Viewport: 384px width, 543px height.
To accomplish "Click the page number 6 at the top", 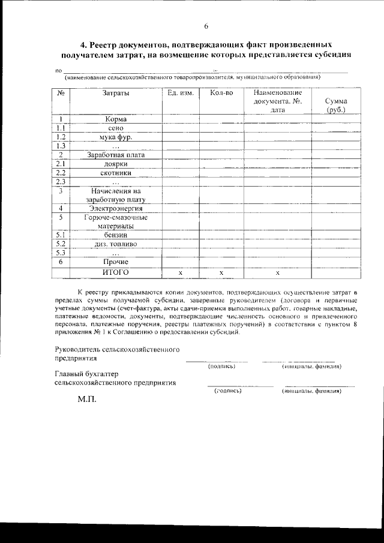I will (206, 26).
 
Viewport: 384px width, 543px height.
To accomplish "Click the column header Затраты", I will (115, 93).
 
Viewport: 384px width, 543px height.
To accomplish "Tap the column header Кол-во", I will (221, 93).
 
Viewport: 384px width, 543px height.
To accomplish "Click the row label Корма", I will (115, 119).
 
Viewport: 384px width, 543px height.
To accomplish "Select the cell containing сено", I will (115, 128).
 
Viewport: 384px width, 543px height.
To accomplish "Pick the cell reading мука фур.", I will (115, 137).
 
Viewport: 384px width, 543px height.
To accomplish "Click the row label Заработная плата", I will (115, 155).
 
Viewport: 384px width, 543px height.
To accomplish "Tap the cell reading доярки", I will (115, 164).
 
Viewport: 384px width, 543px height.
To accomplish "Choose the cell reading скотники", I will (115, 173).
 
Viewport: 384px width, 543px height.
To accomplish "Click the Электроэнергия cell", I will (115, 208).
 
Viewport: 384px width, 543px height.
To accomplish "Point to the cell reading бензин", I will (115, 235).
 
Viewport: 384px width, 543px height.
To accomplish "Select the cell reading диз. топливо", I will (115, 244).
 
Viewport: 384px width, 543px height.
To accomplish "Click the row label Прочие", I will (115, 262).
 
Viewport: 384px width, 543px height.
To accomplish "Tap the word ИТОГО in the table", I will (115, 272).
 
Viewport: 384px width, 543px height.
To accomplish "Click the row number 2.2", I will (60, 173).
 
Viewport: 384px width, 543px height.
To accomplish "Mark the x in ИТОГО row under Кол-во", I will (221, 273).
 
